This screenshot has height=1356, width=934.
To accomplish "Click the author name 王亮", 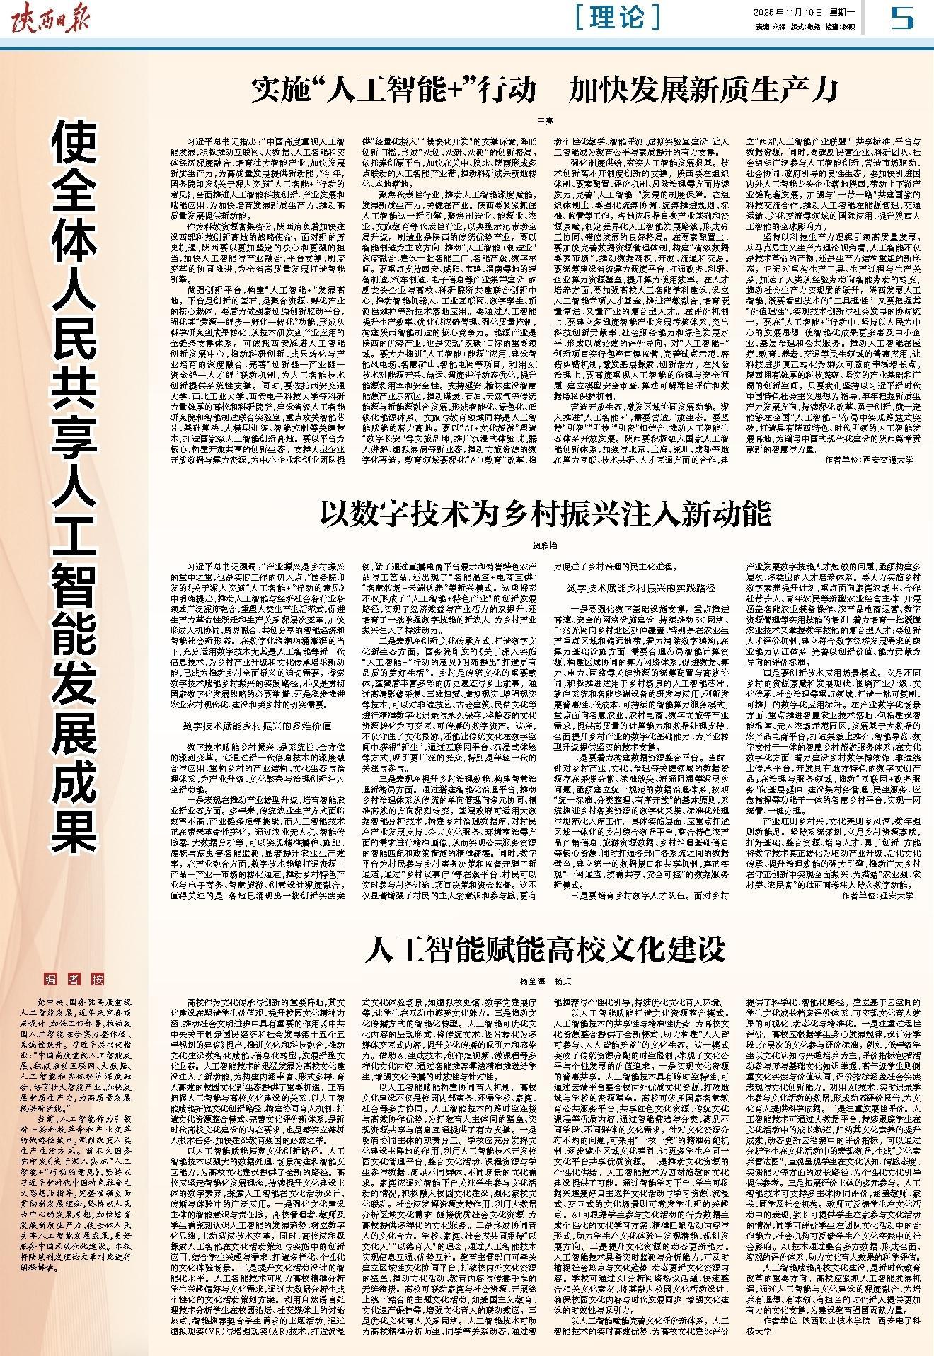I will [545, 122].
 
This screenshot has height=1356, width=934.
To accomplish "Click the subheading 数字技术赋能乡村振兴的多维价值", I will [257, 726].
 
